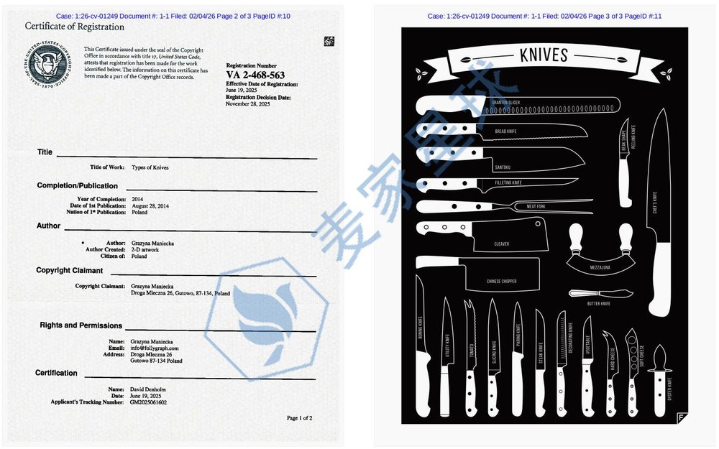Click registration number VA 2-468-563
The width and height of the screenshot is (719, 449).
pos(255,75)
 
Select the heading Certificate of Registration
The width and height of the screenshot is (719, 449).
pos(75,27)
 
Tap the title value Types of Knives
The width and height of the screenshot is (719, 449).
pos(150,167)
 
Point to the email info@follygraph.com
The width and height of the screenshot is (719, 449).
pos(155,348)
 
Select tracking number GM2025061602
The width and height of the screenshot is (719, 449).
pos(149,402)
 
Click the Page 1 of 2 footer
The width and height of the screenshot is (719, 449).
pos(299,417)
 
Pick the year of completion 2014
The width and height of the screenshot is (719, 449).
pos(138,198)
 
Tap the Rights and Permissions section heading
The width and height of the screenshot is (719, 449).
pos(81,325)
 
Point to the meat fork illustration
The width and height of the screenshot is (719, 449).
pos(503,206)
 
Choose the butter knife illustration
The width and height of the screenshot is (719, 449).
pos(600,293)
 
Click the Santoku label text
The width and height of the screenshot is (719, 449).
pos(503,167)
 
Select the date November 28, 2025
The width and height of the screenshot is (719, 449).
pos(248,104)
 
